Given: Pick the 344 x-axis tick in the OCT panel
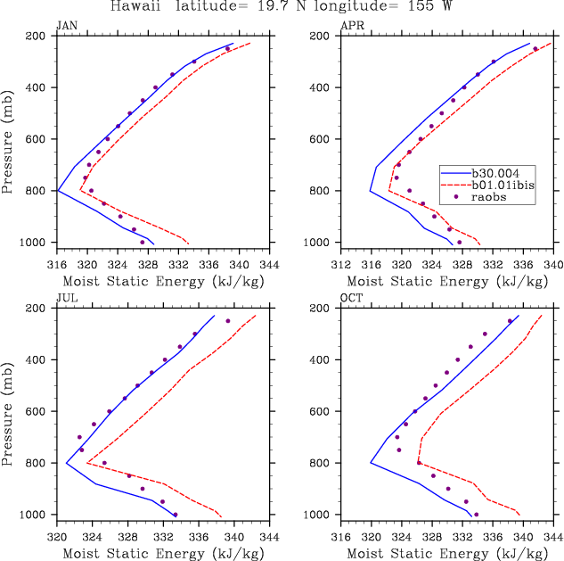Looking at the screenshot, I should point(553,538).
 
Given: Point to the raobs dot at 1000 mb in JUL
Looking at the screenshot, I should point(176,515).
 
